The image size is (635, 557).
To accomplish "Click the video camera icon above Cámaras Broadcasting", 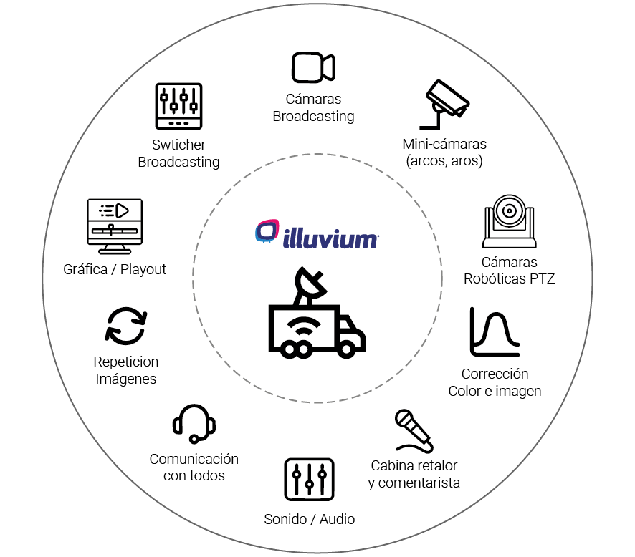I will (313, 67).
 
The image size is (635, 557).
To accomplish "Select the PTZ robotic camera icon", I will (510, 218).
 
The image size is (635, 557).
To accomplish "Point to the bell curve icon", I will (495, 332).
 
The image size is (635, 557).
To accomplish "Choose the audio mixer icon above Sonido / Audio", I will (309, 479).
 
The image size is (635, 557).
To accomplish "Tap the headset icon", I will (194, 423).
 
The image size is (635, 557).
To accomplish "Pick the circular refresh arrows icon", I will (126, 326).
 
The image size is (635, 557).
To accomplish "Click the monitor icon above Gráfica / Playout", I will (114, 226).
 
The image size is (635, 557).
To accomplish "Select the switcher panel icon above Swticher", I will (178, 107).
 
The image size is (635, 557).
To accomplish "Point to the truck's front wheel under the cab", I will (348, 349).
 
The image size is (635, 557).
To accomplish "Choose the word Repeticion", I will (126, 362).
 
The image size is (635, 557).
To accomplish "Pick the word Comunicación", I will (194, 459).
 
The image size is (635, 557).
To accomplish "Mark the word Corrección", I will (495, 374).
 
